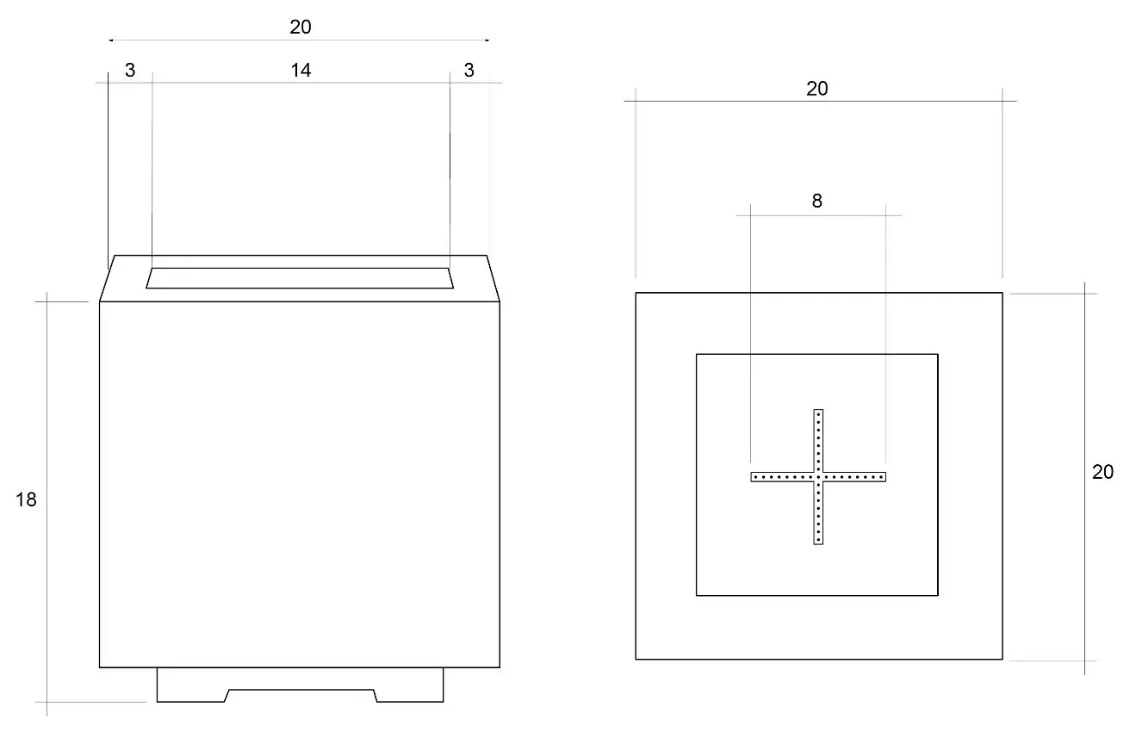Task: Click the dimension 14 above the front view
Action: pyautogui.click(x=300, y=71)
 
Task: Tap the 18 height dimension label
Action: pyautogui.click(x=27, y=499)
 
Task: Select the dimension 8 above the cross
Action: pyautogui.click(x=816, y=202)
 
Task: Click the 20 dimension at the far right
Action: pyautogui.click(x=1102, y=472)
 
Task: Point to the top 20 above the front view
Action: pyautogui.click(x=300, y=27)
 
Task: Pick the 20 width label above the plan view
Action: pyautogui.click(x=816, y=89)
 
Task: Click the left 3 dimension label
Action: pyautogui.click(x=130, y=71)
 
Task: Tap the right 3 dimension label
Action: pyautogui.click(x=469, y=71)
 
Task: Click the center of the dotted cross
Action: pyautogui.click(x=818, y=476)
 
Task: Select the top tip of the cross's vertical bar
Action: pyautogui.click(x=818, y=411)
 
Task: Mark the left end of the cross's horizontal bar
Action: pyautogui.click(x=753, y=476)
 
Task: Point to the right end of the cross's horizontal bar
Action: pyautogui.click(x=884, y=476)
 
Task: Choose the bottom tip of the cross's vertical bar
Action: pyautogui.click(x=818, y=543)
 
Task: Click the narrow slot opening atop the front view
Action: pyautogui.click(x=300, y=278)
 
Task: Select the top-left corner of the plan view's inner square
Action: pyautogui.click(x=697, y=354)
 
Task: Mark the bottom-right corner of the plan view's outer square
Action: pyautogui.click(x=1003, y=660)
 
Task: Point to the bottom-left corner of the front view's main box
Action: pyautogui.click(x=100, y=667)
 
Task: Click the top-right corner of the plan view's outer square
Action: pyautogui.click(x=1003, y=293)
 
